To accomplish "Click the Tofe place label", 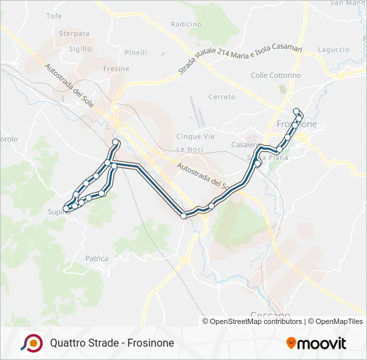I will pos(54,15).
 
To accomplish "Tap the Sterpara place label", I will pos(74,33).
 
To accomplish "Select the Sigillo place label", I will pos(80,49).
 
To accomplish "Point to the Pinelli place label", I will pos(135,53).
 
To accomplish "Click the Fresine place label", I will pos(116,69).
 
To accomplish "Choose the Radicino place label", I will pos(186,24).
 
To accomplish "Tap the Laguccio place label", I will pos(334,49).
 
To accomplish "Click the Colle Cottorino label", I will pos(276,75).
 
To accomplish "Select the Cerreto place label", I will pos(222,97).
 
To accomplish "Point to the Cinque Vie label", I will pos(195,136).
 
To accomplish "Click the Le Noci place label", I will pos(190,149).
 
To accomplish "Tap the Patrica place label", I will pos(97,258).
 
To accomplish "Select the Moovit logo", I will pos(316,343).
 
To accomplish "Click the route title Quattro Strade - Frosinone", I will pos(111,343).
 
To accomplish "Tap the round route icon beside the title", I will pos(31,343).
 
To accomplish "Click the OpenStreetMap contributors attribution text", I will pos(255,321).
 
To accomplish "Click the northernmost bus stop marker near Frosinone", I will pos(296,111).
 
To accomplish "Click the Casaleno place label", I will pos(245,145).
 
